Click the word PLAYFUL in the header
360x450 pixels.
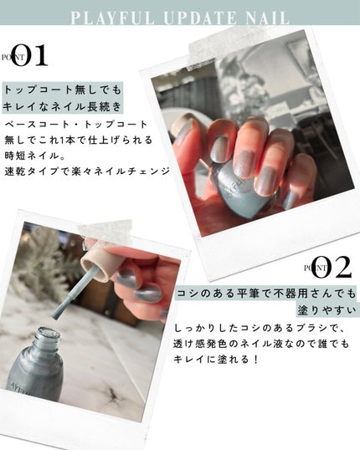pyautogui.click(x=112, y=18)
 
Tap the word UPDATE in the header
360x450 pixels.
pyautogui.click(x=200, y=18)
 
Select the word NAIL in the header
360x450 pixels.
pyautogui.click(x=267, y=18)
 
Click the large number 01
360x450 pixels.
pyautogui.click(x=29, y=55)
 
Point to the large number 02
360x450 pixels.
pyautogui.click(x=332, y=267)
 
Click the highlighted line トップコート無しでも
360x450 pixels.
pyautogui.click(x=63, y=90)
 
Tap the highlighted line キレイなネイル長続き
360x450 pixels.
pyautogui.click(x=63, y=106)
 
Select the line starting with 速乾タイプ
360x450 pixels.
pyautogui.click(x=87, y=171)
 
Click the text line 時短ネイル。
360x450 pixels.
pyautogui.click(x=36, y=156)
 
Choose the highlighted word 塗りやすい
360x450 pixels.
pyautogui.click(x=327, y=310)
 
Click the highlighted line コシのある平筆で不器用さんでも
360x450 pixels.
pyautogui.click(x=265, y=294)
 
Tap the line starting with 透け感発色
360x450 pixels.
pyautogui.click(x=261, y=343)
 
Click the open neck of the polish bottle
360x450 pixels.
pyautogui.click(x=48, y=335)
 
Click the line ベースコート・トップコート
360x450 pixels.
pyautogui.click(x=76, y=125)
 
